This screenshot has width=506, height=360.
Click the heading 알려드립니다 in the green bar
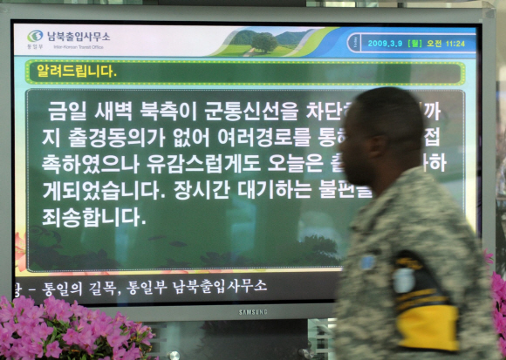click(x=76, y=71)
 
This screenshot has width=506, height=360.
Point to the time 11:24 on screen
click(x=455, y=43)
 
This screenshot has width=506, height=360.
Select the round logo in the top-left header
click(x=36, y=37)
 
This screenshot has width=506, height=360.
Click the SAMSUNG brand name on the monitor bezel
click(x=253, y=311)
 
